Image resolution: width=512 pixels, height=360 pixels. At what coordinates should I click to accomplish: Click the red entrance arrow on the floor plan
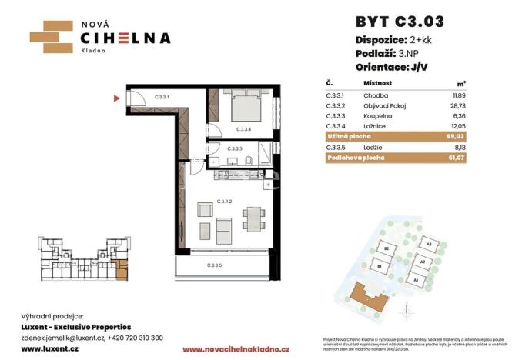pos(117,98)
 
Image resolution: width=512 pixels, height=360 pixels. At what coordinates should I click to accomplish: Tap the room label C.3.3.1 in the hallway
pos(161,98)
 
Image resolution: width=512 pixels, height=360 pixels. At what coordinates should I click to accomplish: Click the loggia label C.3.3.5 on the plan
pos(215,266)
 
